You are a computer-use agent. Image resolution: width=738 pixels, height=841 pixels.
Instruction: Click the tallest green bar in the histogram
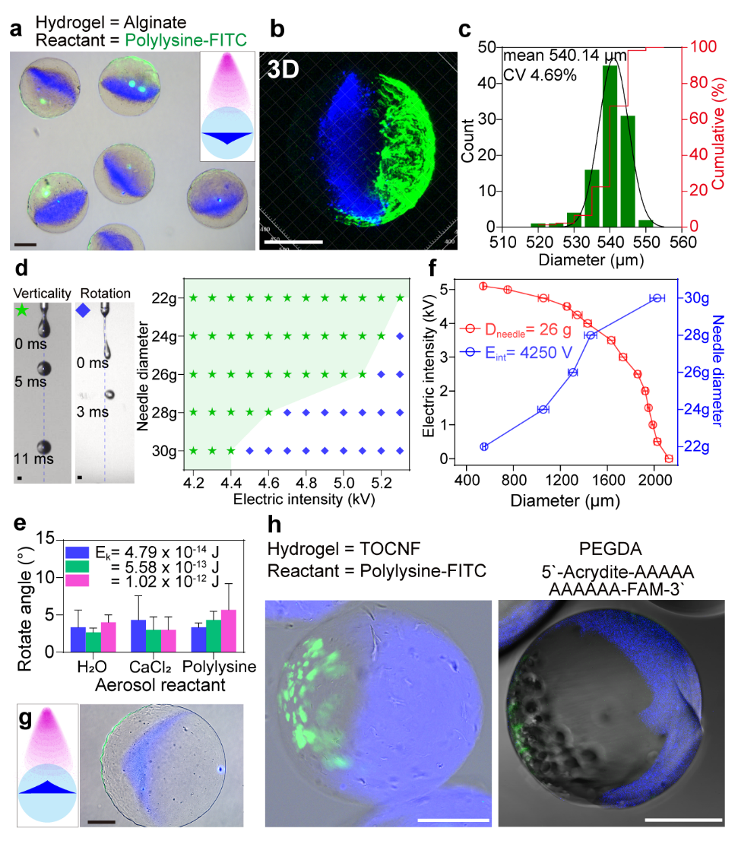tap(610, 144)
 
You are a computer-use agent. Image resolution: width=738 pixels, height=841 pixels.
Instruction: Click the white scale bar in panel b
tap(293, 242)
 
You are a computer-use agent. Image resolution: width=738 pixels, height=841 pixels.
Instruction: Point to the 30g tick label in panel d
tap(166, 451)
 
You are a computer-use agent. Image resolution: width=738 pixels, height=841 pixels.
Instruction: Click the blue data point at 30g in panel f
tap(656, 298)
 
